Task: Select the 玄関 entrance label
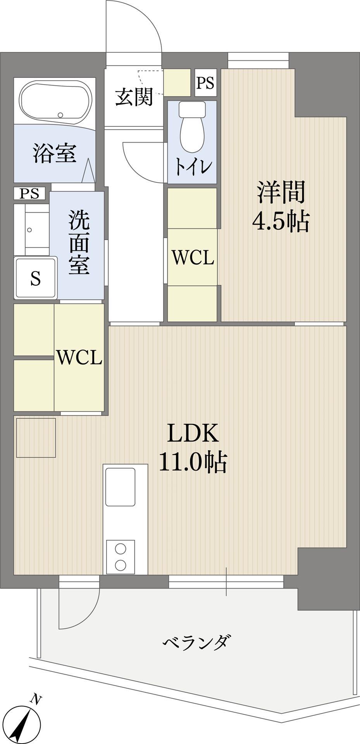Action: (134, 97)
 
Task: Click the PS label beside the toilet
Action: (205, 83)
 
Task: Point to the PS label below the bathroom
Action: (30, 193)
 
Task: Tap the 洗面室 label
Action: (79, 243)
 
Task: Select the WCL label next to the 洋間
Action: (193, 257)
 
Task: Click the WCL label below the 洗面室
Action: (79, 358)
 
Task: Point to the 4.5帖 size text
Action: (281, 222)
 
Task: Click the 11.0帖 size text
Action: (193, 462)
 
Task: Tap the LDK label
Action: (193, 434)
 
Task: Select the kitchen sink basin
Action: (120, 487)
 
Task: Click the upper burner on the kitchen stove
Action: (121, 549)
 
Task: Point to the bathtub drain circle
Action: (60, 115)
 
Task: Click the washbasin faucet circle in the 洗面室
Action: (29, 230)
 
